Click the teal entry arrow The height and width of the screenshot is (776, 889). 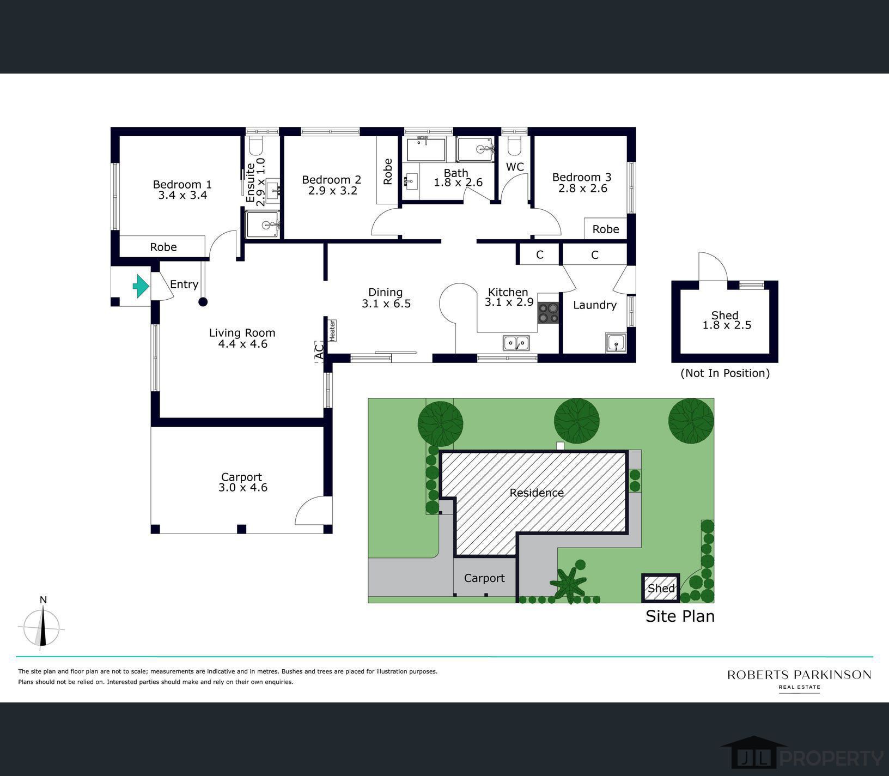click(x=141, y=286)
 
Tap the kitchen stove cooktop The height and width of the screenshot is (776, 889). click(x=548, y=313)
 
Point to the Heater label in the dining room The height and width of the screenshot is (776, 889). click(x=331, y=330)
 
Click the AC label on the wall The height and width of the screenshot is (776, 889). click(x=320, y=351)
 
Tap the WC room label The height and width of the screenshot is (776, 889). click(x=515, y=167)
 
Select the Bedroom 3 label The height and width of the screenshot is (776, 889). click(x=582, y=177)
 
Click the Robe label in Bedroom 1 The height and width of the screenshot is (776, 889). click(x=163, y=247)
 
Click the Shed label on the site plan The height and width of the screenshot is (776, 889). click(x=661, y=588)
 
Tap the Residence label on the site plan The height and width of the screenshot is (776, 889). click(x=537, y=493)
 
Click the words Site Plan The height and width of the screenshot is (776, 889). click(x=680, y=616)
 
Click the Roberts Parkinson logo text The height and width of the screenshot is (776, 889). click(x=799, y=675)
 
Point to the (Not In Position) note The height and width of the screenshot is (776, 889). click(x=725, y=373)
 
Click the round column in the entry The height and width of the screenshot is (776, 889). click(x=203, y=302)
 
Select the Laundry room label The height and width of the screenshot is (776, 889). click(x=594, y=305)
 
